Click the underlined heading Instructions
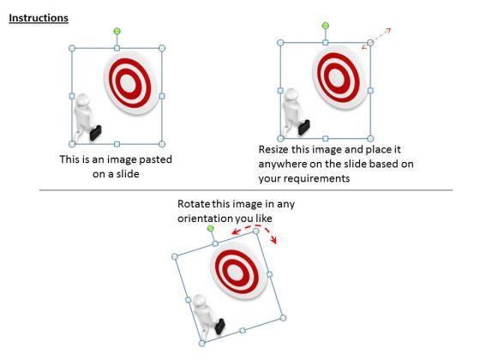(x=39, y=18)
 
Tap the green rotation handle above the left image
(x=117, y=31)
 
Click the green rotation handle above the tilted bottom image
(x=211, y=228)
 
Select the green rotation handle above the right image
(x=326, y=26)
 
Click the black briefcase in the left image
(x=95, y=133)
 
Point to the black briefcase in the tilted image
(x=220, y=327)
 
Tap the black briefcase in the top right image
(x=304, y=128)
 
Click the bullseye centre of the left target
(x=126, y=82)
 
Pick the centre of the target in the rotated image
(x=236, y=272)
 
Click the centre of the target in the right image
(x=336, y=77)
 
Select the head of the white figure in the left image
(x=83, y=100)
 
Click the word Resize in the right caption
(x=273, y=150)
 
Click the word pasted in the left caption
(x=156, y=159)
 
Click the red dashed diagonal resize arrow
(x=376, y=39)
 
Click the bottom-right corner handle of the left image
(x=162, y=144)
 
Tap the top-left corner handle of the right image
(x=280, y=43)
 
